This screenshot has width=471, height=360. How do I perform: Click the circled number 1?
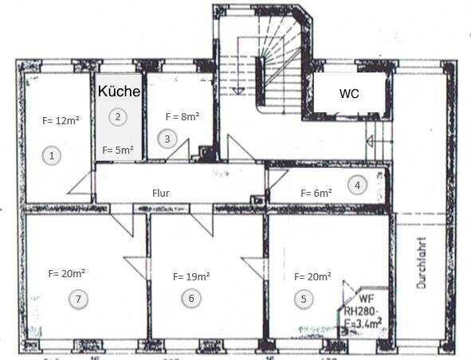click(x=52, y=156)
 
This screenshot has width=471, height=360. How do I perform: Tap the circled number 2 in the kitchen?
click(x=117, y=117)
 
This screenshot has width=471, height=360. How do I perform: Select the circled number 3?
click(x=167, y=139)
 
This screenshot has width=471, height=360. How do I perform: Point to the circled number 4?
click(x=357, y=186)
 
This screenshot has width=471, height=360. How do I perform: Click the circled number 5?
click(x=303, y=299)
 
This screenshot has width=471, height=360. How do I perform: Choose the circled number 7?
click(x=77, y=299)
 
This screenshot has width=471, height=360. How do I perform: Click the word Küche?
click(x=120, y=92)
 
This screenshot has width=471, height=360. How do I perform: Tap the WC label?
click(x=349, y=93)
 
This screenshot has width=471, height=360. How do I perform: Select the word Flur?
click(x=162, y=193)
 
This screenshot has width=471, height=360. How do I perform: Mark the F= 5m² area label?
click(x=117, y=150)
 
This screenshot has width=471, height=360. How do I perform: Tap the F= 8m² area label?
click(x=182, y=116)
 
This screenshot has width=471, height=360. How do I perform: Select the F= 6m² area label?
click(x=316, y=193)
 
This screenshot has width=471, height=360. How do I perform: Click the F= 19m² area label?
click(x=191, y=277)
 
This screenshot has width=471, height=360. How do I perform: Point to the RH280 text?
click(x=360, y=311)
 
